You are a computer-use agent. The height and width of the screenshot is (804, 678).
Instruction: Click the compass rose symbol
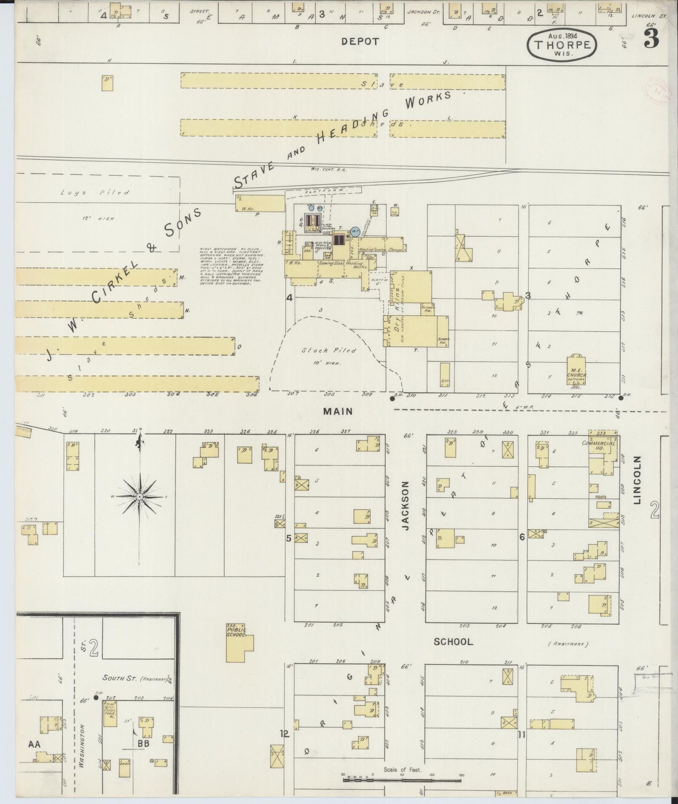pyautogui.click(x=139, y=496)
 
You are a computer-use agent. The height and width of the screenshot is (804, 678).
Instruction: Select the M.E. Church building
pyautogui.click(x=577, y=371)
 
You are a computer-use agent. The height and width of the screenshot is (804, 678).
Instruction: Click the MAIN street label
pyautogui.click(x=338, y=411)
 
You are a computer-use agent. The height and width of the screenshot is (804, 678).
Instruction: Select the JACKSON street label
pyautogui.click(x=406, y=506)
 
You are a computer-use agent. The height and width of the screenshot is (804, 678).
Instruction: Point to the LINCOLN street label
pyautogui.click(x=637, y=481)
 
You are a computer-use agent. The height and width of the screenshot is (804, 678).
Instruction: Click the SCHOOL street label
pyautogui.click(x=453, y=642)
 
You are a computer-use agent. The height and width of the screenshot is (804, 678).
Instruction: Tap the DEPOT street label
pyautogui.click(x=360, y=41)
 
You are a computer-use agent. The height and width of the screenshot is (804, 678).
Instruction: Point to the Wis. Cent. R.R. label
pyautogui.click(x=328, y=169)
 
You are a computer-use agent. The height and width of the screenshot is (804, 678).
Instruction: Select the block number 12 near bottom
pyautogui.click(x=284, y=733)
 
